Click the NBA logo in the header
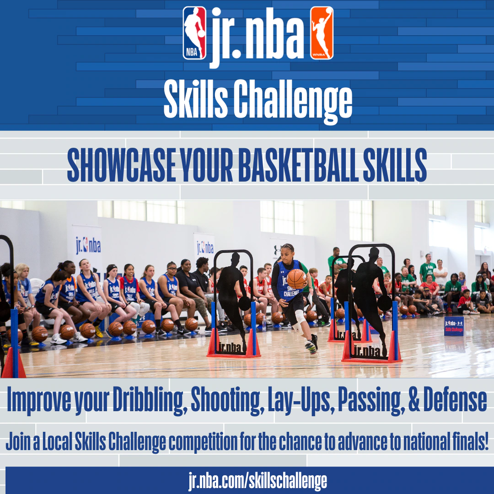195,33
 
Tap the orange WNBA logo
322,33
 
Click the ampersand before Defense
414,399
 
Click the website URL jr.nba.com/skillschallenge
258,481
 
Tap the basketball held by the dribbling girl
296,279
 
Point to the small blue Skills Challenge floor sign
454,326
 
